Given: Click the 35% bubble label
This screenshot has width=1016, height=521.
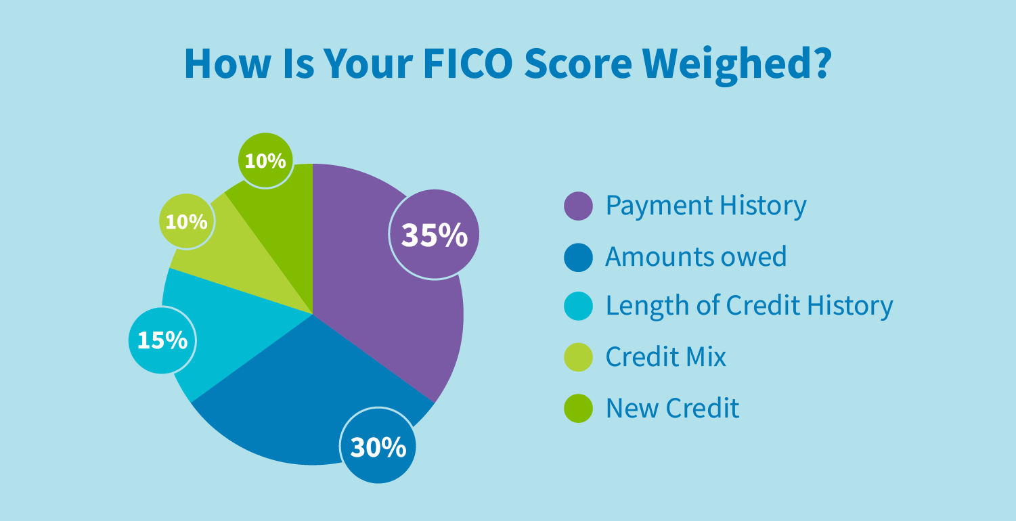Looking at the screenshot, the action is (x=434, y=234).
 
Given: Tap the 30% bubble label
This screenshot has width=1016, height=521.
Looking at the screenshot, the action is (x=378, y=446).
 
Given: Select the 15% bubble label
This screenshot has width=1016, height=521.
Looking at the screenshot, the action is (x=162, y=340).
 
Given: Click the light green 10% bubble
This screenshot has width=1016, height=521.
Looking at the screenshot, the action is (x=186, y=221).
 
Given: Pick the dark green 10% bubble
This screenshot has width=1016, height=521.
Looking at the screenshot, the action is (x=265, y=160).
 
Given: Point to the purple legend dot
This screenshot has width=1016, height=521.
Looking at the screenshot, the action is (x=578, y=206).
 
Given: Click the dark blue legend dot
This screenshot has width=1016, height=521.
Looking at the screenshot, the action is (x=578, y=258).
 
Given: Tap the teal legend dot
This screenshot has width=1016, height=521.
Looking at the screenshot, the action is (x=578, y=306).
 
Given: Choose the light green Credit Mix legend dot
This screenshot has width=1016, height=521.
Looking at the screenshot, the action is (x=578, y=357).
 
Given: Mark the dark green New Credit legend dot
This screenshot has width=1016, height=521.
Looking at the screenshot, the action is (x=578, y=409).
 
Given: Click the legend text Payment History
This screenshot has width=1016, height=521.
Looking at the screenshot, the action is (x=706, y=206).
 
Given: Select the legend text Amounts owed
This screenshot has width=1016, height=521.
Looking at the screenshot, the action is (x=697, y=256).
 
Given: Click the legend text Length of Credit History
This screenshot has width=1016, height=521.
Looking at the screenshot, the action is (x=749, y=306).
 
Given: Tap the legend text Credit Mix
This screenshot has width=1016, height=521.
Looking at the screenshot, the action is (x=666, y=357).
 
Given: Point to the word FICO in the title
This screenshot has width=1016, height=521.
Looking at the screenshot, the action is (x=468, y=63).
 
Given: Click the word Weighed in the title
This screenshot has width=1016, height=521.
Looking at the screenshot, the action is (x=737, y=66).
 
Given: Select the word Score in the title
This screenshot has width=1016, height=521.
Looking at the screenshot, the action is (x=578, y=64).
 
